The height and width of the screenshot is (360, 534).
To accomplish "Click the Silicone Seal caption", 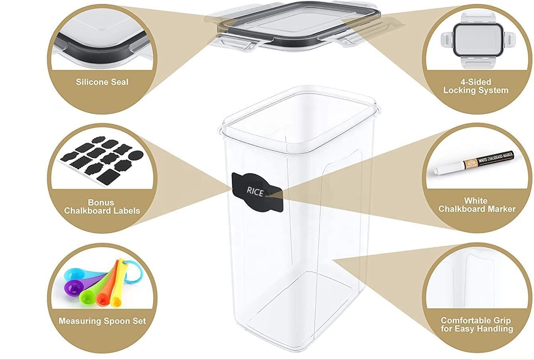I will pos(102,82).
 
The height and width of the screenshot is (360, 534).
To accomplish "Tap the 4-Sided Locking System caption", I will pos(476,86).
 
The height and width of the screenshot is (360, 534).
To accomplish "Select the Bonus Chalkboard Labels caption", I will pos(102,206).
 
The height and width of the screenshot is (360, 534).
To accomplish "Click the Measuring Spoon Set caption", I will pos(102,321).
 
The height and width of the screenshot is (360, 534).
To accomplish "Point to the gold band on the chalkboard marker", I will pos(472,163).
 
